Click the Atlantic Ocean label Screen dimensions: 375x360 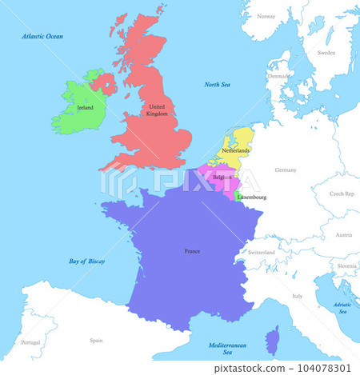(x=43, y=36)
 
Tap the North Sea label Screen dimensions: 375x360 (x=217, y=84)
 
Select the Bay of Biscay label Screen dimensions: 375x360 (x=87, y=261)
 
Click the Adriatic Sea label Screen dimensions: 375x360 (x=342, y=308)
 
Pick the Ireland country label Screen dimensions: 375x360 (x=86, y=107)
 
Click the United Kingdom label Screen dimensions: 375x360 (x=158, y=110)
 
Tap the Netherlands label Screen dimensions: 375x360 (x=235, y=150)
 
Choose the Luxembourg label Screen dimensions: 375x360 (x=252, y=197)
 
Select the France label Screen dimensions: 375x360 (x=192, y=251)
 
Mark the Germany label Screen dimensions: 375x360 (x=285, y=170)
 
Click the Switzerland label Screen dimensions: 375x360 (x=262, y=253)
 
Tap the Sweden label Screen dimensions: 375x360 (x=326, y=53)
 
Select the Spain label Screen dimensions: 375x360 (x=96, y=340)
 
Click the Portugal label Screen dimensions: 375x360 (x=30, y=342)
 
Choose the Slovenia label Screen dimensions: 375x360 (x=346, y=265)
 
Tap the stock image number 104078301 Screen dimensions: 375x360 (x=324, y=367)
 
